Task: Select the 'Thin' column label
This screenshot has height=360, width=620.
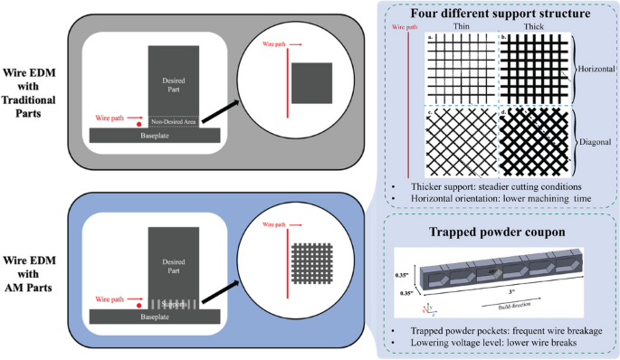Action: pos(460,28)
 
